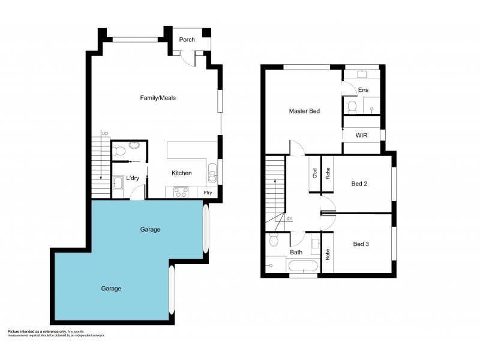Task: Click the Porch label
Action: point(187,40)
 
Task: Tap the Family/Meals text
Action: point(157,98)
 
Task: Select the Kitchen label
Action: point(181,173)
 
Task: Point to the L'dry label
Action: point(133,179)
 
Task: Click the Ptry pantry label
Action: point(208,193)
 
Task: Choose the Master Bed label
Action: point(304,111)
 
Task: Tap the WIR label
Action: point(361,136)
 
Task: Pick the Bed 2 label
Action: point(359,184)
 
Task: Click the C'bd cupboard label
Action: point(314,173)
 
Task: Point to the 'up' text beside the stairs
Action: point(105,133)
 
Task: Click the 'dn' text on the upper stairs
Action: point(289,218)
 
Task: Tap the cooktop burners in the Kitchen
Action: point(181,192)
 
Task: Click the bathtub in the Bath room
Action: point(303,266)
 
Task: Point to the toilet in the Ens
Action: point(352,107)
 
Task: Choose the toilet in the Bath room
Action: point(274,241)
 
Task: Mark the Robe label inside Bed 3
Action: point(327,254)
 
